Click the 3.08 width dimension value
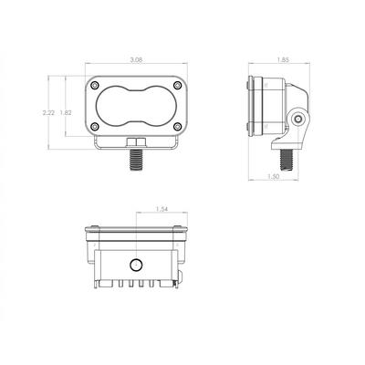[x=136, y=60]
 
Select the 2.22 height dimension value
[x=48, y=112]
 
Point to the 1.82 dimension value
[x=66, y=112]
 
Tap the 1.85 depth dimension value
[x=283, y=60]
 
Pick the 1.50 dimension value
[x=274, y=176]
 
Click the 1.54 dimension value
[x=162, y=209]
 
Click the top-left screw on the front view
[x=95, y=85]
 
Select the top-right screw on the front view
[x=177, y=85]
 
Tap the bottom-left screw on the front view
[x=95, y=126]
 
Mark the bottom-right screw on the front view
[x=177, y=126]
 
